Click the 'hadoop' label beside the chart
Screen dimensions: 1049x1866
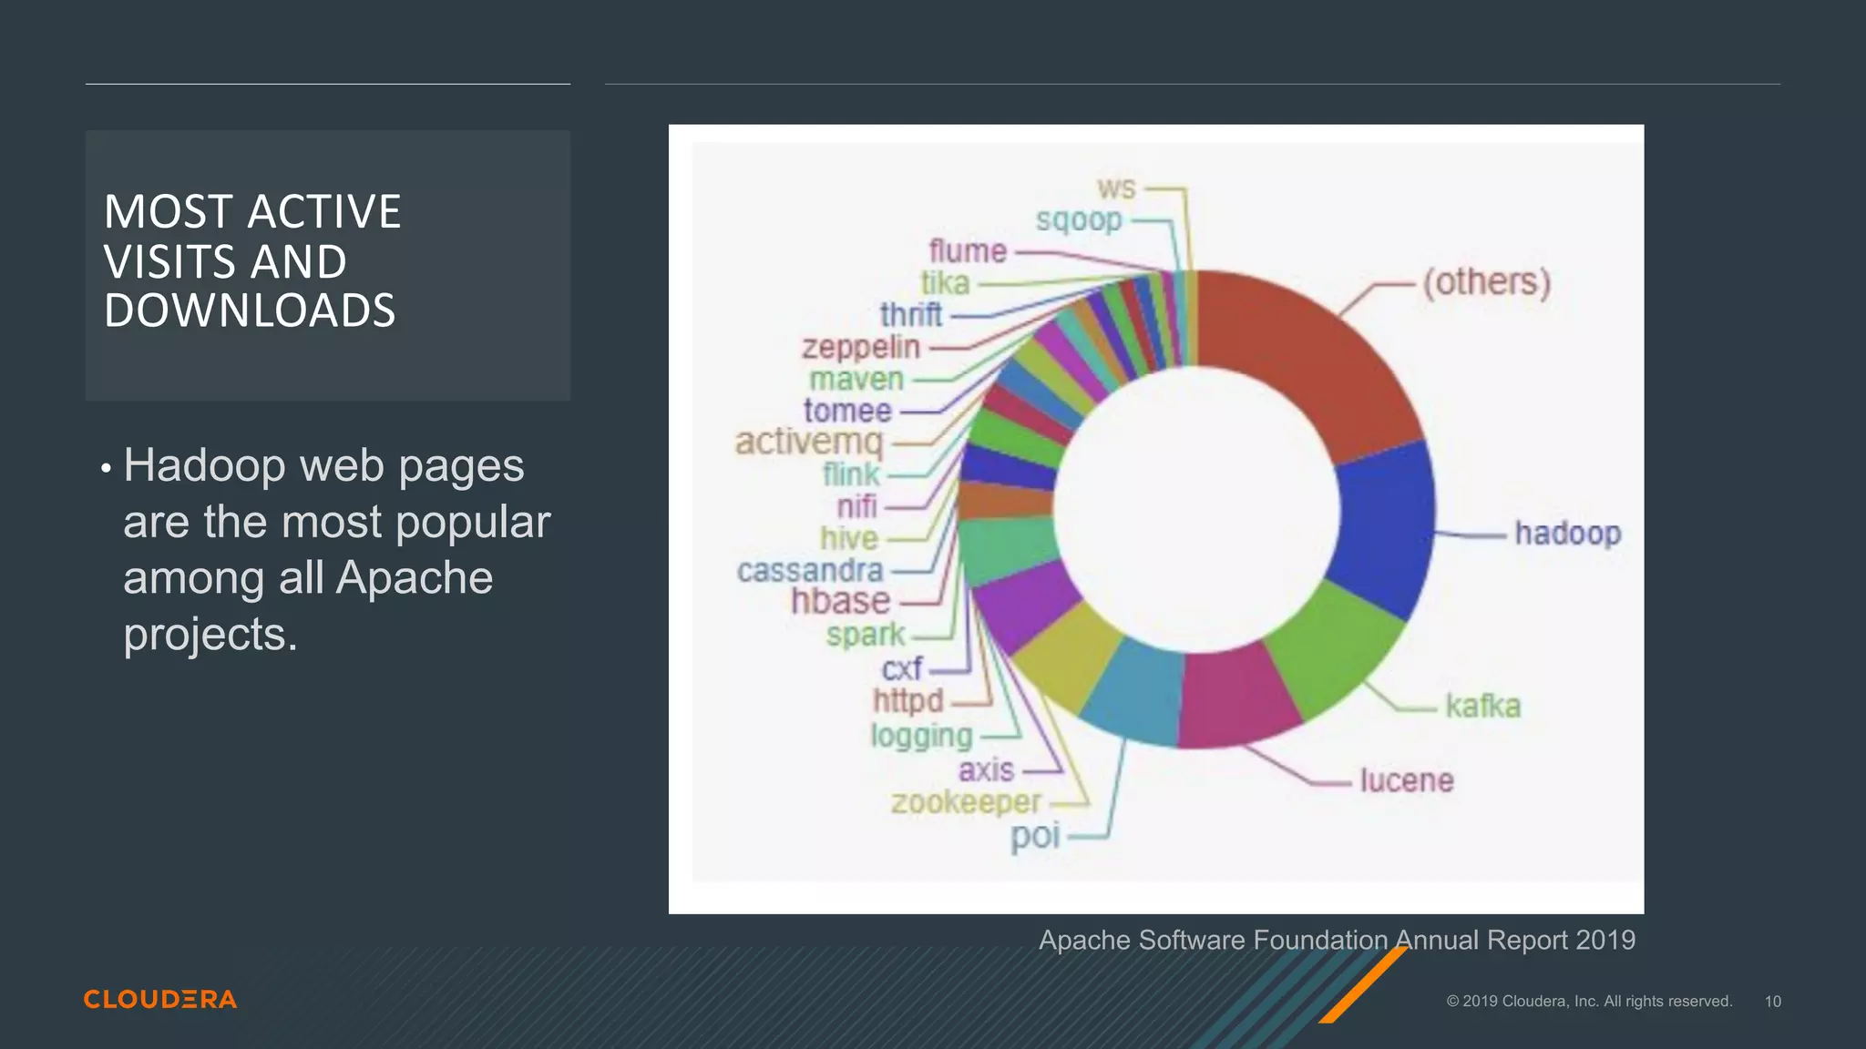1567,534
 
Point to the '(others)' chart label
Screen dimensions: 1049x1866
1487,282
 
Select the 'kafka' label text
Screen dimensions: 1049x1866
1482,707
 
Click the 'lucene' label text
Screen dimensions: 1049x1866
1406,781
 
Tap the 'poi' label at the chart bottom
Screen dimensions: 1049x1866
1035,836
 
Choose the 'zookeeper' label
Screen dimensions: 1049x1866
966,803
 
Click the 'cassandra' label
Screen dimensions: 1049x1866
810,571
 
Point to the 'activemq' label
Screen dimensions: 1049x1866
809,443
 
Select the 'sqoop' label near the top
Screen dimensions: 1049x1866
1079,220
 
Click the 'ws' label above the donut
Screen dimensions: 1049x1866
1116,188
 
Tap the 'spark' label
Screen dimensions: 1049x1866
866,635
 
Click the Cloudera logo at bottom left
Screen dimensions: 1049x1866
160,999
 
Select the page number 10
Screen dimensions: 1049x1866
1772,1002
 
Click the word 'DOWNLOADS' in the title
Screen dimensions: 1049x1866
250,311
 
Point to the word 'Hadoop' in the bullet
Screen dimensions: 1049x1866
205,466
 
